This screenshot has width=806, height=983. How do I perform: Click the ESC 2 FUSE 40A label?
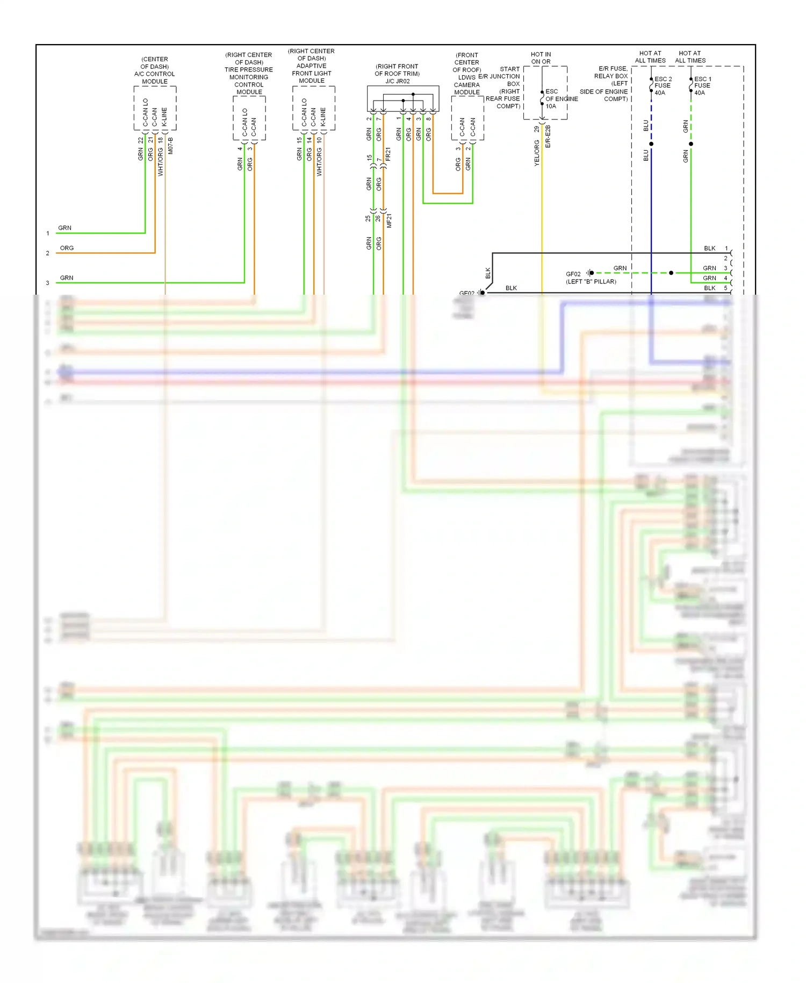(663, 86)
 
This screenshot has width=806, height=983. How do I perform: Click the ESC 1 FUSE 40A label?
(702, 86)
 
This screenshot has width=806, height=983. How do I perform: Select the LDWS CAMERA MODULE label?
(466, 85)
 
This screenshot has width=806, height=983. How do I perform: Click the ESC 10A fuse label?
(552, 98)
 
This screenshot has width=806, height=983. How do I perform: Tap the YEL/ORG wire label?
(537, 153)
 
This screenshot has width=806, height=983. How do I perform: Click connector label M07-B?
(171, 146)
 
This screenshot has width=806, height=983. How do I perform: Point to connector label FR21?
(388, 154)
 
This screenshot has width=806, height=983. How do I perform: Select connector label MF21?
(389, 220)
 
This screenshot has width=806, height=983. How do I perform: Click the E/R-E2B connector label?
(548, 137)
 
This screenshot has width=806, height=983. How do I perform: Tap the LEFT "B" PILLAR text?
(591, 282)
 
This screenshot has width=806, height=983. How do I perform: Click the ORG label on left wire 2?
(67, 248)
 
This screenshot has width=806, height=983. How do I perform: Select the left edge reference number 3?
(47, 283)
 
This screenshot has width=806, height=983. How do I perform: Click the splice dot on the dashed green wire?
(671, 273)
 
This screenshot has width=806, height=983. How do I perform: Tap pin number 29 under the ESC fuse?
(536, 129)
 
